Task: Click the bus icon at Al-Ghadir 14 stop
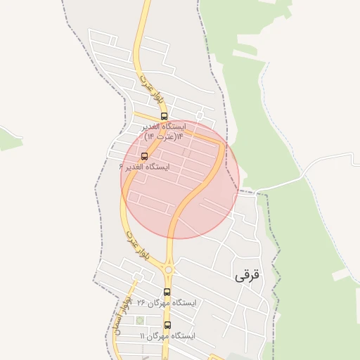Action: tap(165, 116)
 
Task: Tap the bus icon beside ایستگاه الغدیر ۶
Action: tap(145, 156)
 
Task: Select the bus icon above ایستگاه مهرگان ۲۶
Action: tap(167, 292)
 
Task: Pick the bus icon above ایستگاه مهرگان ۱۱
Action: tap(167, 325)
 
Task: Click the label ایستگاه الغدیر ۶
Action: tap(145, 167)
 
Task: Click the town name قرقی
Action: tap(247, 275)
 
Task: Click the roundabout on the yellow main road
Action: tap(168, 269)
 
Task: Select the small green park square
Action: tap(140, 321)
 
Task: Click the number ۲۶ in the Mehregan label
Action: tap(141, 303)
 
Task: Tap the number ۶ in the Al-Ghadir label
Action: tap(122, 167)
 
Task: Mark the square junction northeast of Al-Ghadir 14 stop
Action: tap(200, 114)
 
